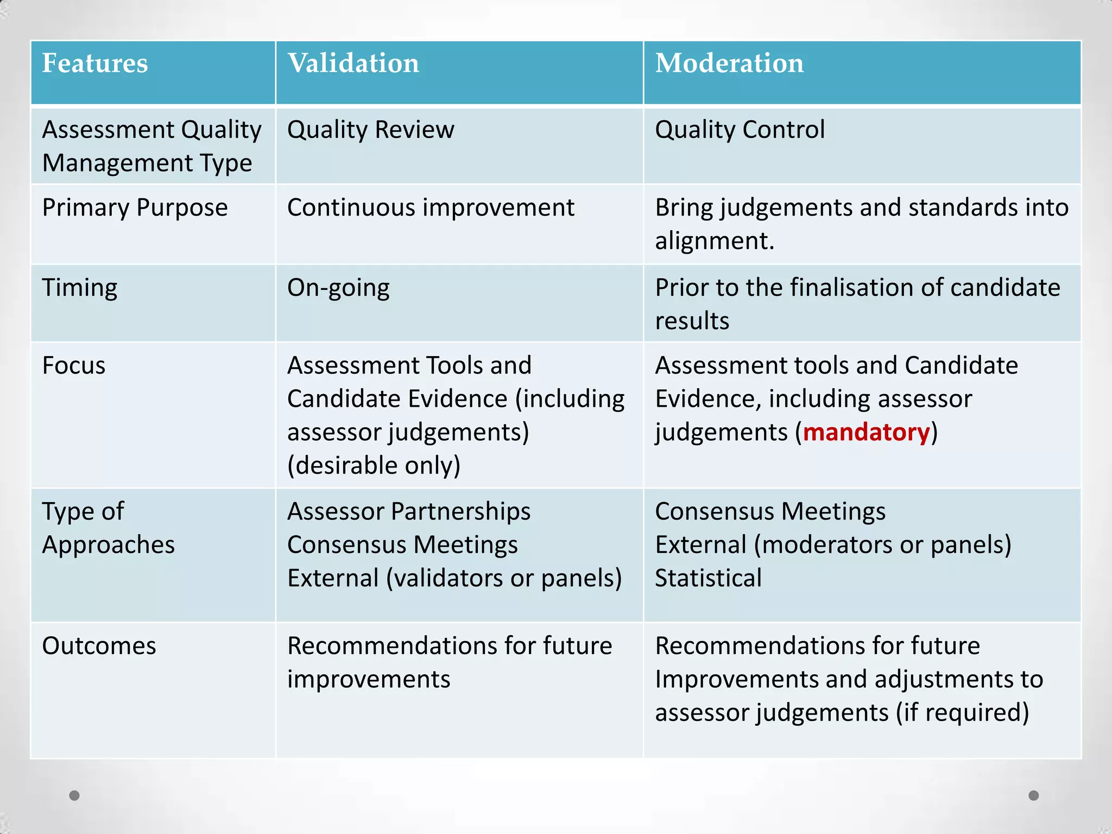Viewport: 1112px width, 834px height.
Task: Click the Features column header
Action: point(95,63)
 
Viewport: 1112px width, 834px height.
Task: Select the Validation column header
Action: point(353,63)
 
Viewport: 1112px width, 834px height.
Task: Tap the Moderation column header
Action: point(729,63)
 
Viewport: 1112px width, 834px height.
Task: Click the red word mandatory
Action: point(867,432)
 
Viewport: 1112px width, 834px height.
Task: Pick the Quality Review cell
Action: point(371,130)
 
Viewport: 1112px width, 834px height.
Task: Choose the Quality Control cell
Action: point(740,130)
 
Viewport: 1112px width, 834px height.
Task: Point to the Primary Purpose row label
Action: point(135,207)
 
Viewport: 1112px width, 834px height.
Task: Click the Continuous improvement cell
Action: point(431,207)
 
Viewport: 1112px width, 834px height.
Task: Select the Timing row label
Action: point(80,287)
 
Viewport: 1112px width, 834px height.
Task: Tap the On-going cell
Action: point(338,287)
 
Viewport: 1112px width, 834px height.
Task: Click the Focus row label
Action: point(74,365)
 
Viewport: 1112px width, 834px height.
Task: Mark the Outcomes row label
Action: point(99,646)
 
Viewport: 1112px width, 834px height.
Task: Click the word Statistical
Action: point(708,578)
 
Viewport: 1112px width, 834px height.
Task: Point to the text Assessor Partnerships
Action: point(409,511)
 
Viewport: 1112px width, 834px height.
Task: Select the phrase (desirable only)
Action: point(374,465)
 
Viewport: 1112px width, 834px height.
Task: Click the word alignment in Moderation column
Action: point(714,241)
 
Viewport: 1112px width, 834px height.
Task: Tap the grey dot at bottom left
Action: point(74,795)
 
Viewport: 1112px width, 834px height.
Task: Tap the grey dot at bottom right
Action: point(1034,795)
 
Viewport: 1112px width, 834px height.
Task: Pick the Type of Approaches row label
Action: point(109,528)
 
